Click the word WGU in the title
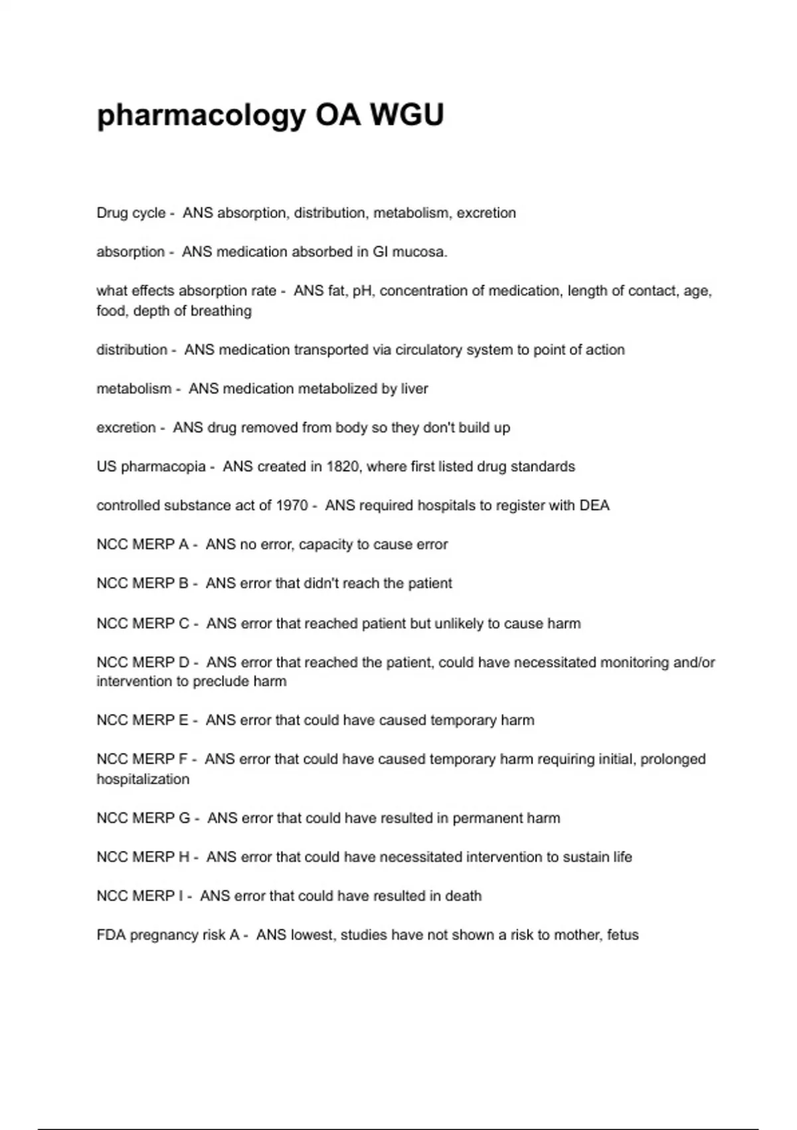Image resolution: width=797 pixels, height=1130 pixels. tap(406, 116)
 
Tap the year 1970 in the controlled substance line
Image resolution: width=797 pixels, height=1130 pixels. tap(292, 506)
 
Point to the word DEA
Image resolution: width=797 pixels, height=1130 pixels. tap(594, 506)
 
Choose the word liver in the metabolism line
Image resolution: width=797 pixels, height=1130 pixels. tap(414, 389)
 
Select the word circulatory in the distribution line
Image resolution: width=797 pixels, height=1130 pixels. tap(428, 350)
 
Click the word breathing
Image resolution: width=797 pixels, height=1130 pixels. tap(221, 311)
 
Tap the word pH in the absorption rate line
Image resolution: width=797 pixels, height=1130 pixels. tap(362, 291)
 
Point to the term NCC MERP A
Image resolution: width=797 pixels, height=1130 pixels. tap(143, 544)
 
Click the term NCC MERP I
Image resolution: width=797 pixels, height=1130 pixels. tap(140, 896)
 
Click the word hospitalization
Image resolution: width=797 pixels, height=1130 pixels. tap(143, 779)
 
